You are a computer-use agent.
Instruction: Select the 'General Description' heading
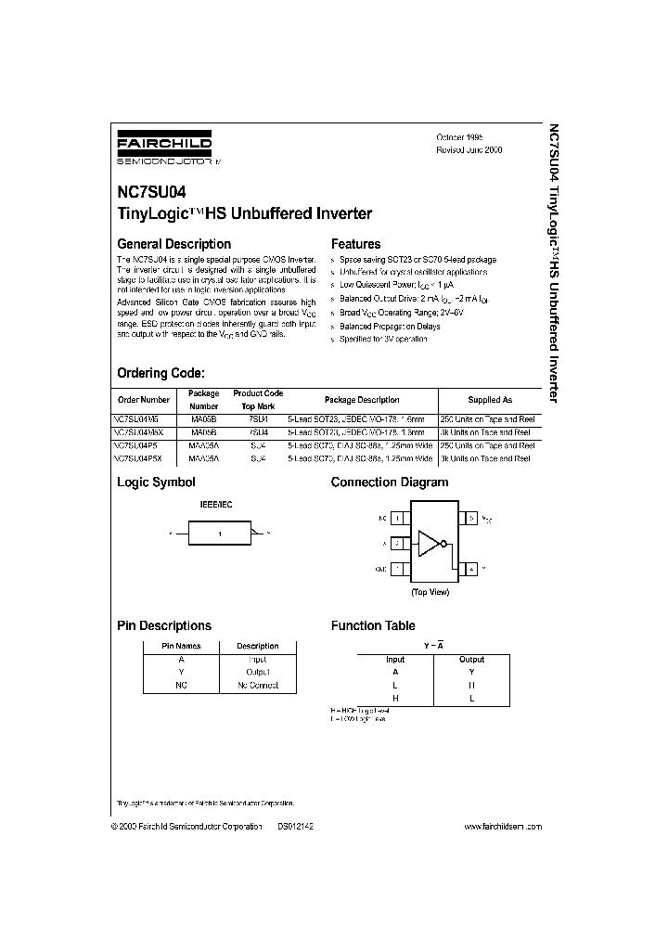173,244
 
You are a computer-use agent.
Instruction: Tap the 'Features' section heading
355,244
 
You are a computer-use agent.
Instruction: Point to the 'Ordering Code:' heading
160,373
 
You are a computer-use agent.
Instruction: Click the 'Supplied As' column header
489,400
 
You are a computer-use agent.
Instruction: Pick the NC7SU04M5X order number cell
142,432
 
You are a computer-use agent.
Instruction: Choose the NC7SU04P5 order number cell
139,445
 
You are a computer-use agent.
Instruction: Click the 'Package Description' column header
362,400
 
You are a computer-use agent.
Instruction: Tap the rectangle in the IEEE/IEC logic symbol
220,534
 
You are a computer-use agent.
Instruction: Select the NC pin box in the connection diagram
396,518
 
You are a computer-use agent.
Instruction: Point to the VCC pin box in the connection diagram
470,518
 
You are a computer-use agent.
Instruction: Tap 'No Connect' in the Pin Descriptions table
257,685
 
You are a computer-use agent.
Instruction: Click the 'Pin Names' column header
181,646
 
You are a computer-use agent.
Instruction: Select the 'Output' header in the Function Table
471,660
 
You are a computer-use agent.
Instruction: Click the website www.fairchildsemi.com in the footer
502,826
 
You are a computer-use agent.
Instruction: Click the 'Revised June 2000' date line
469,149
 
